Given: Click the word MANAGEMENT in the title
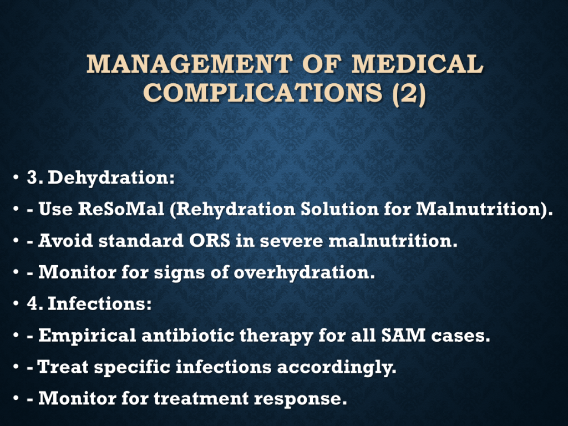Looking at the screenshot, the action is point(190,64).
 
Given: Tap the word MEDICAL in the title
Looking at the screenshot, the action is point(417,64).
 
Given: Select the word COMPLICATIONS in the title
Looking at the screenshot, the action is point(263,93).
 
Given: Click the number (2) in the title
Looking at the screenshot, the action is point(409,93).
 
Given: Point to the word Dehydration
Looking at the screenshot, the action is point(111,177).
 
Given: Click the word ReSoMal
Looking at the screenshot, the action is point(121,209).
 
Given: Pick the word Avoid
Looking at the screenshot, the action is point(65,241).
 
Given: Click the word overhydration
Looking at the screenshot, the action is point(305,272).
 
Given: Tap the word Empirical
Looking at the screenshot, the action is point(87,336).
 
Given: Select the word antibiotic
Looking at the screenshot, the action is point(187,335).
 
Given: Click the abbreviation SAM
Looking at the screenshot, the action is point(403,335).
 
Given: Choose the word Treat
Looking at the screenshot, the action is point(63,367).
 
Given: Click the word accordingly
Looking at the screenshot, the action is point(337,367).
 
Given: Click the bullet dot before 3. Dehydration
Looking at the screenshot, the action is point(16,178).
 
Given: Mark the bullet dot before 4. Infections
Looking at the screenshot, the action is point(16,304).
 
